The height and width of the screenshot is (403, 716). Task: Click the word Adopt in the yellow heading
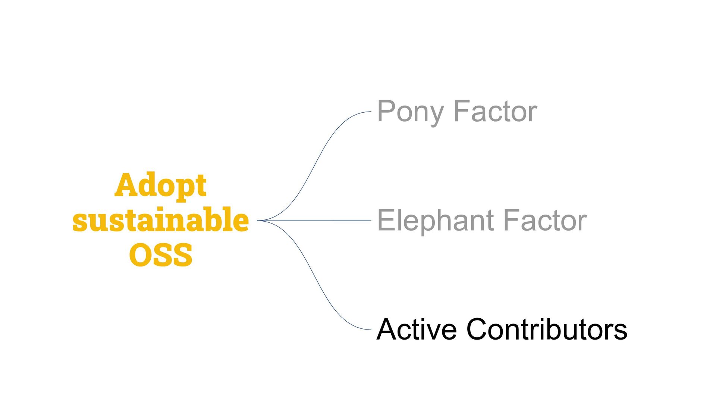(160, 185)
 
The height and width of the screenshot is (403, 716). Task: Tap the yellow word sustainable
(160, 220)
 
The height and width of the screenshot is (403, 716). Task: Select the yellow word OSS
(161, 255)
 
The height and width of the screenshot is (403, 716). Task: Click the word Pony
(410, 112)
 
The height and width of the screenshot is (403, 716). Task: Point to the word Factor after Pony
(495, 112)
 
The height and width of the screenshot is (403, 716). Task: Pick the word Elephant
(436, 221)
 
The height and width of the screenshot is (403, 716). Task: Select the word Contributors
(547, 329)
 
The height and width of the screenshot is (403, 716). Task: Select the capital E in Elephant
(386, 220)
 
